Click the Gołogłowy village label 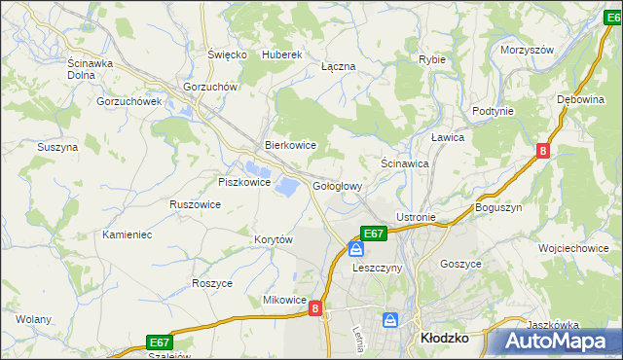(338, 186)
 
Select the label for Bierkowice (291, 145)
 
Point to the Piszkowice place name (242, 182)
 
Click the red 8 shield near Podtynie (542, 150)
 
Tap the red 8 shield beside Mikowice (315, 308)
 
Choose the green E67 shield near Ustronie (374, 234)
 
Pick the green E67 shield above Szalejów (161, 342)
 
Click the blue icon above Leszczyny (356, 249)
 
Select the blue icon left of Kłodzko (390, 320)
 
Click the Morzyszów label (526, 50)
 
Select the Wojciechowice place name (573, 248)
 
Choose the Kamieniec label (128, 235)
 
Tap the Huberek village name (283, 55)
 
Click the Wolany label (33, 319)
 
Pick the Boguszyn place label (499, 208)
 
